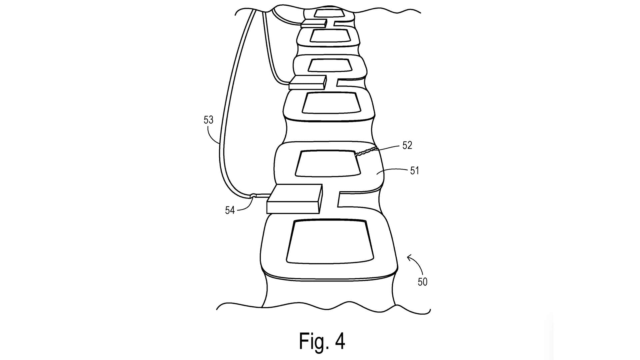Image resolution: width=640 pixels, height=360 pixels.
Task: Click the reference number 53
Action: (208, 120)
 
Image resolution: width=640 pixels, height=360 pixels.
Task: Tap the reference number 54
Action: (230, 210)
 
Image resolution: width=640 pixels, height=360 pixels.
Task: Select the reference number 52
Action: (407, 145)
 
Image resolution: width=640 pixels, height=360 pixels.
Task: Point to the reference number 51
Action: (414, 171)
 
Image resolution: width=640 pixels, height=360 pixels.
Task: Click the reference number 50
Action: (422, 282)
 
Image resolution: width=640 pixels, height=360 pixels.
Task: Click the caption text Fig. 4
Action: (322, 341)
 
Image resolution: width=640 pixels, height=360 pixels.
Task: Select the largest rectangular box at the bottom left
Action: (294, 199)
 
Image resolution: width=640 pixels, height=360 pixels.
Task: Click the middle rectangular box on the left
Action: (307, 82)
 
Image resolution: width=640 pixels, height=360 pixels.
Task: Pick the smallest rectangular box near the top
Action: (313, 23)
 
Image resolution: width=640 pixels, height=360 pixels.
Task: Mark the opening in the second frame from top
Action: (330, 35)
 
